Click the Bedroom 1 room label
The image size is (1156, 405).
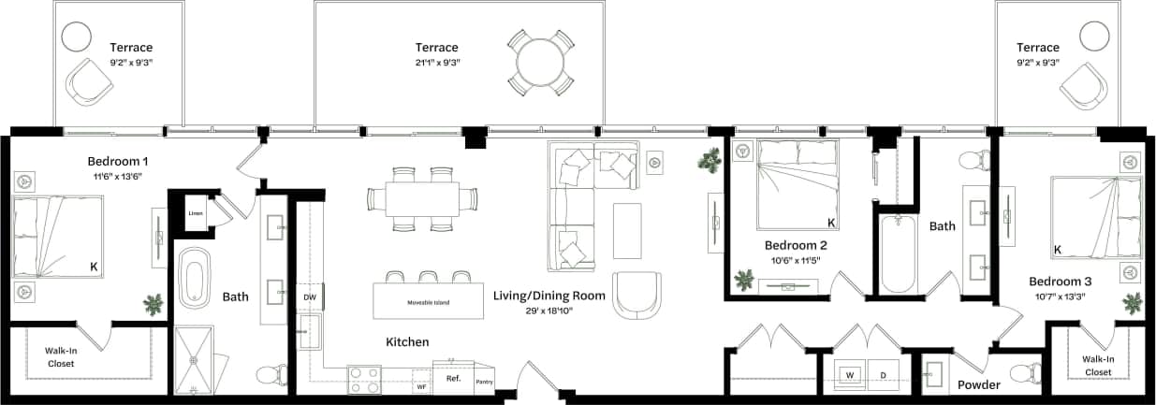tap(118, 160)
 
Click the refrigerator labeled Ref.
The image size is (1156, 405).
tap(453, 379)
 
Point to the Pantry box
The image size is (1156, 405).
tap(484, 381)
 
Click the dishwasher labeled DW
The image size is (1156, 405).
tap(309, 297)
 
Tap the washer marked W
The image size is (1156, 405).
tap(851, 374)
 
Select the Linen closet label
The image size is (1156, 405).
tap(195, 213)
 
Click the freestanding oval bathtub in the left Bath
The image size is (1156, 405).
tap(197, 279)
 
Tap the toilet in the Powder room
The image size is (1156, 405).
tap(1025, 373)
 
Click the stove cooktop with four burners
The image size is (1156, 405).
tap(364, 379)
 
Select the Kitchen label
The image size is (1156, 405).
tap(407, 342)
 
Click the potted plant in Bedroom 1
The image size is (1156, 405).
tap(153, 304)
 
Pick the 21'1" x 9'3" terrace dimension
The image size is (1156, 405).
tap(436, 62)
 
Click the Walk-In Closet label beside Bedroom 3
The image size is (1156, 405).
tap(1097, 365)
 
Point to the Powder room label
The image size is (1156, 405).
tap(978, 384)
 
